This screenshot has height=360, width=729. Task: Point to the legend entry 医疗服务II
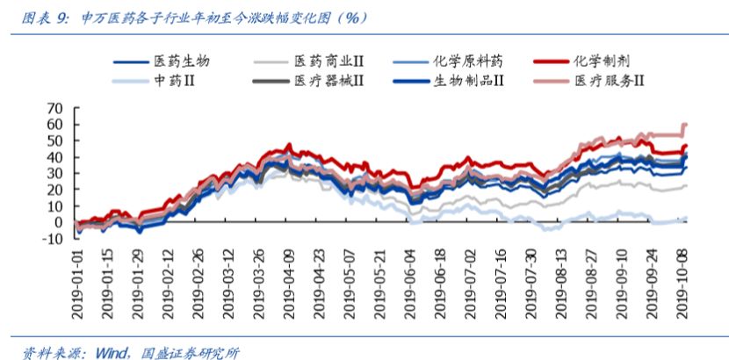click(610, 81)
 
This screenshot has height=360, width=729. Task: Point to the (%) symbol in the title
click(351, 18)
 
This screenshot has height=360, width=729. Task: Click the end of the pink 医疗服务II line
click(685, 126)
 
